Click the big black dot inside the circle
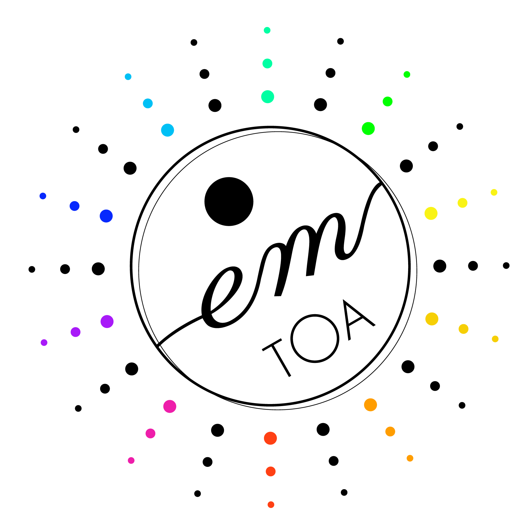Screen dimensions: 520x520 (x=229, y=201)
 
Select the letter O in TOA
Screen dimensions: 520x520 (x=315, y=339)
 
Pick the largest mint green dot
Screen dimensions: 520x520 (x=267, y=97)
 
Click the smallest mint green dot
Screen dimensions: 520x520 (x=267, y=30)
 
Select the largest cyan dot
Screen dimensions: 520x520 (x=167, y=130)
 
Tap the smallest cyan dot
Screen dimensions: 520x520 (x=128, y=77)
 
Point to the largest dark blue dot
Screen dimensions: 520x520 (x=106, y=216)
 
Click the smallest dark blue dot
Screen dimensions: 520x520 (x=43, y=196)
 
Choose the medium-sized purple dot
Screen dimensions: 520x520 (x=75, y=332)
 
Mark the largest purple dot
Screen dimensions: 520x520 (x=107, y=322)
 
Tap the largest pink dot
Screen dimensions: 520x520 (x=170, y=406)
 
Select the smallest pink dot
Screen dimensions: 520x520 (x=131, y=460)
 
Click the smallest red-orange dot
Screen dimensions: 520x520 (x=271, y=504)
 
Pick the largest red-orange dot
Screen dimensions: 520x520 (x=270, y=438)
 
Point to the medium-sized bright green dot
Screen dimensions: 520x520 (x=388, y=101)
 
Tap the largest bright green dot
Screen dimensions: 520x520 (x=368, y=128)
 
